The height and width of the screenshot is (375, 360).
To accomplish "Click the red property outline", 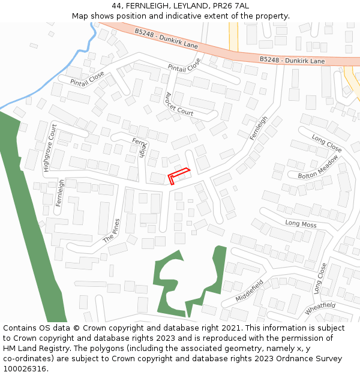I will pos(179,175).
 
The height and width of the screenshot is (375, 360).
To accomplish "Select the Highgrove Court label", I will pos(49,148).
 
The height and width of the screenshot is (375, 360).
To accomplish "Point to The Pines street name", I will pos(112,230).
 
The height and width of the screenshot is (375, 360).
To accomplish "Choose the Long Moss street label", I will pos(301,224).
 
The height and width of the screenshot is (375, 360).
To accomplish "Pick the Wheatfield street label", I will pos(320,307).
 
